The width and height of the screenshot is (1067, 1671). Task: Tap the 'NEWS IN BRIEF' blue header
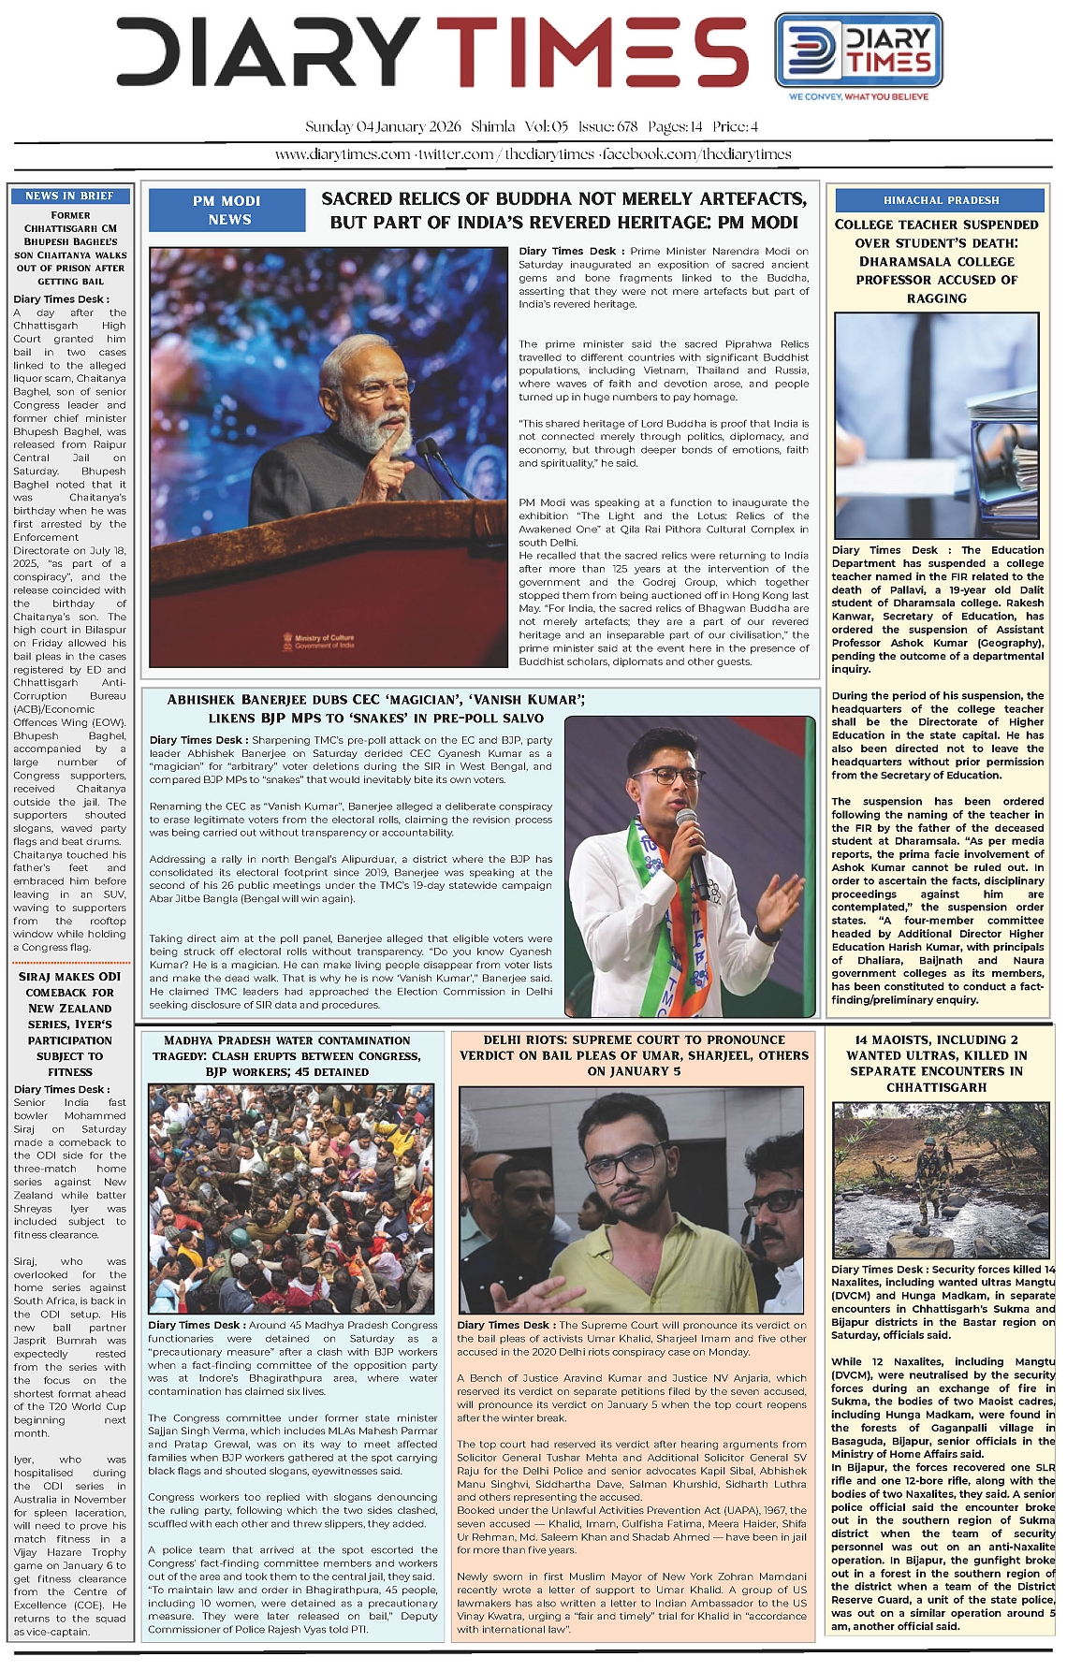coord(70,196)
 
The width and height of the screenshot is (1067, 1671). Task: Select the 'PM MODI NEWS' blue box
coord(228,210)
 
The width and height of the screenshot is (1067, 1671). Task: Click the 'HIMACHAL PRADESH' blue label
coord(941,200)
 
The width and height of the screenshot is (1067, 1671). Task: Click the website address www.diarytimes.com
coord(343,154)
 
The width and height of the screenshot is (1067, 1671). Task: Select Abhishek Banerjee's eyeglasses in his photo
coord(679,776)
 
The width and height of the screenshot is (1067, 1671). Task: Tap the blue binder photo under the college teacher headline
coord(936,425)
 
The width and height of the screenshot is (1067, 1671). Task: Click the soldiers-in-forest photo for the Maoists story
coord(941,1181)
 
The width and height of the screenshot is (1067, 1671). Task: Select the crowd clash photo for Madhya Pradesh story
coord(291,1199)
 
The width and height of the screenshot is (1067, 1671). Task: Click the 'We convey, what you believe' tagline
coord(858,96)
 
